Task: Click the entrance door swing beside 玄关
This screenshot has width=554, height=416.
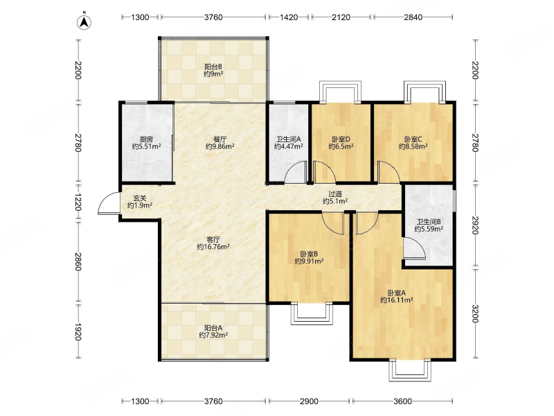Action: pos(109,203)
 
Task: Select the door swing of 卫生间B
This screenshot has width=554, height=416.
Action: pos(414,248)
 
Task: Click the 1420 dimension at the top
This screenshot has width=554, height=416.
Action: pos(289,17)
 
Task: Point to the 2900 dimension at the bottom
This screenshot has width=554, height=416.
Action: pos(309,401)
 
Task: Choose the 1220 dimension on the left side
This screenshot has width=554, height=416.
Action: pos(78,202)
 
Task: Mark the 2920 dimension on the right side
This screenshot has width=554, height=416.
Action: pos(475,225)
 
